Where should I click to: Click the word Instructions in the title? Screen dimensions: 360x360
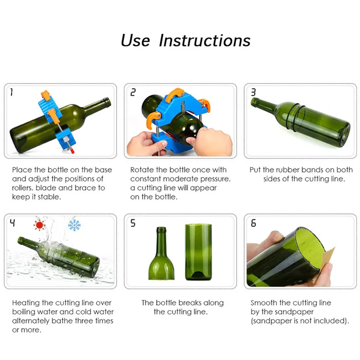(x=205, y=40)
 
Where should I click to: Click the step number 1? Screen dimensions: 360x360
(x=11, y=92)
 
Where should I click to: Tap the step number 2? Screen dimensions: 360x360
(x=133, y=92)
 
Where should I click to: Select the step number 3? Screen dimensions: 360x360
(x=253, y=92)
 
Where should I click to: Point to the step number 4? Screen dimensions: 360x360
(x=13, y=223)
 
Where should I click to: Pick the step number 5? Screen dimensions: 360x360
(x=133, y=223)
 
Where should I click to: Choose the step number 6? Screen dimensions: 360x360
(x=253, y=223)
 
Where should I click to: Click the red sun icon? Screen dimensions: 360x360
(x=39, y=225)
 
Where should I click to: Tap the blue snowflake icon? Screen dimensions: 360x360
(x=74, y=225)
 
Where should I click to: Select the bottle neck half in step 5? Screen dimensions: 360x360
(x=161, y=253)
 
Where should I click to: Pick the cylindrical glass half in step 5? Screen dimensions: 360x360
(x=198, y=252)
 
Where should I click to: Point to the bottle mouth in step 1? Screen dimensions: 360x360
(x=108, y=102)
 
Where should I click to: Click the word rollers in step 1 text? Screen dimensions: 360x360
(x=22, y=188)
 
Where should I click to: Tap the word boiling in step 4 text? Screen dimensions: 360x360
(x=23, y=312)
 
